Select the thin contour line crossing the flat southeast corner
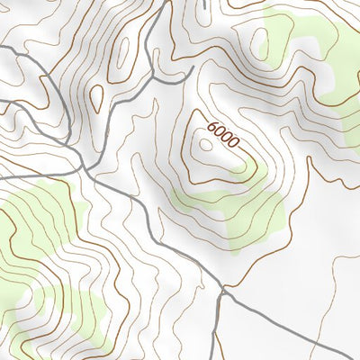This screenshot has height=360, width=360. (306, 297)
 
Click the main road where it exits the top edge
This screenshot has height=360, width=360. (166, 4)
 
